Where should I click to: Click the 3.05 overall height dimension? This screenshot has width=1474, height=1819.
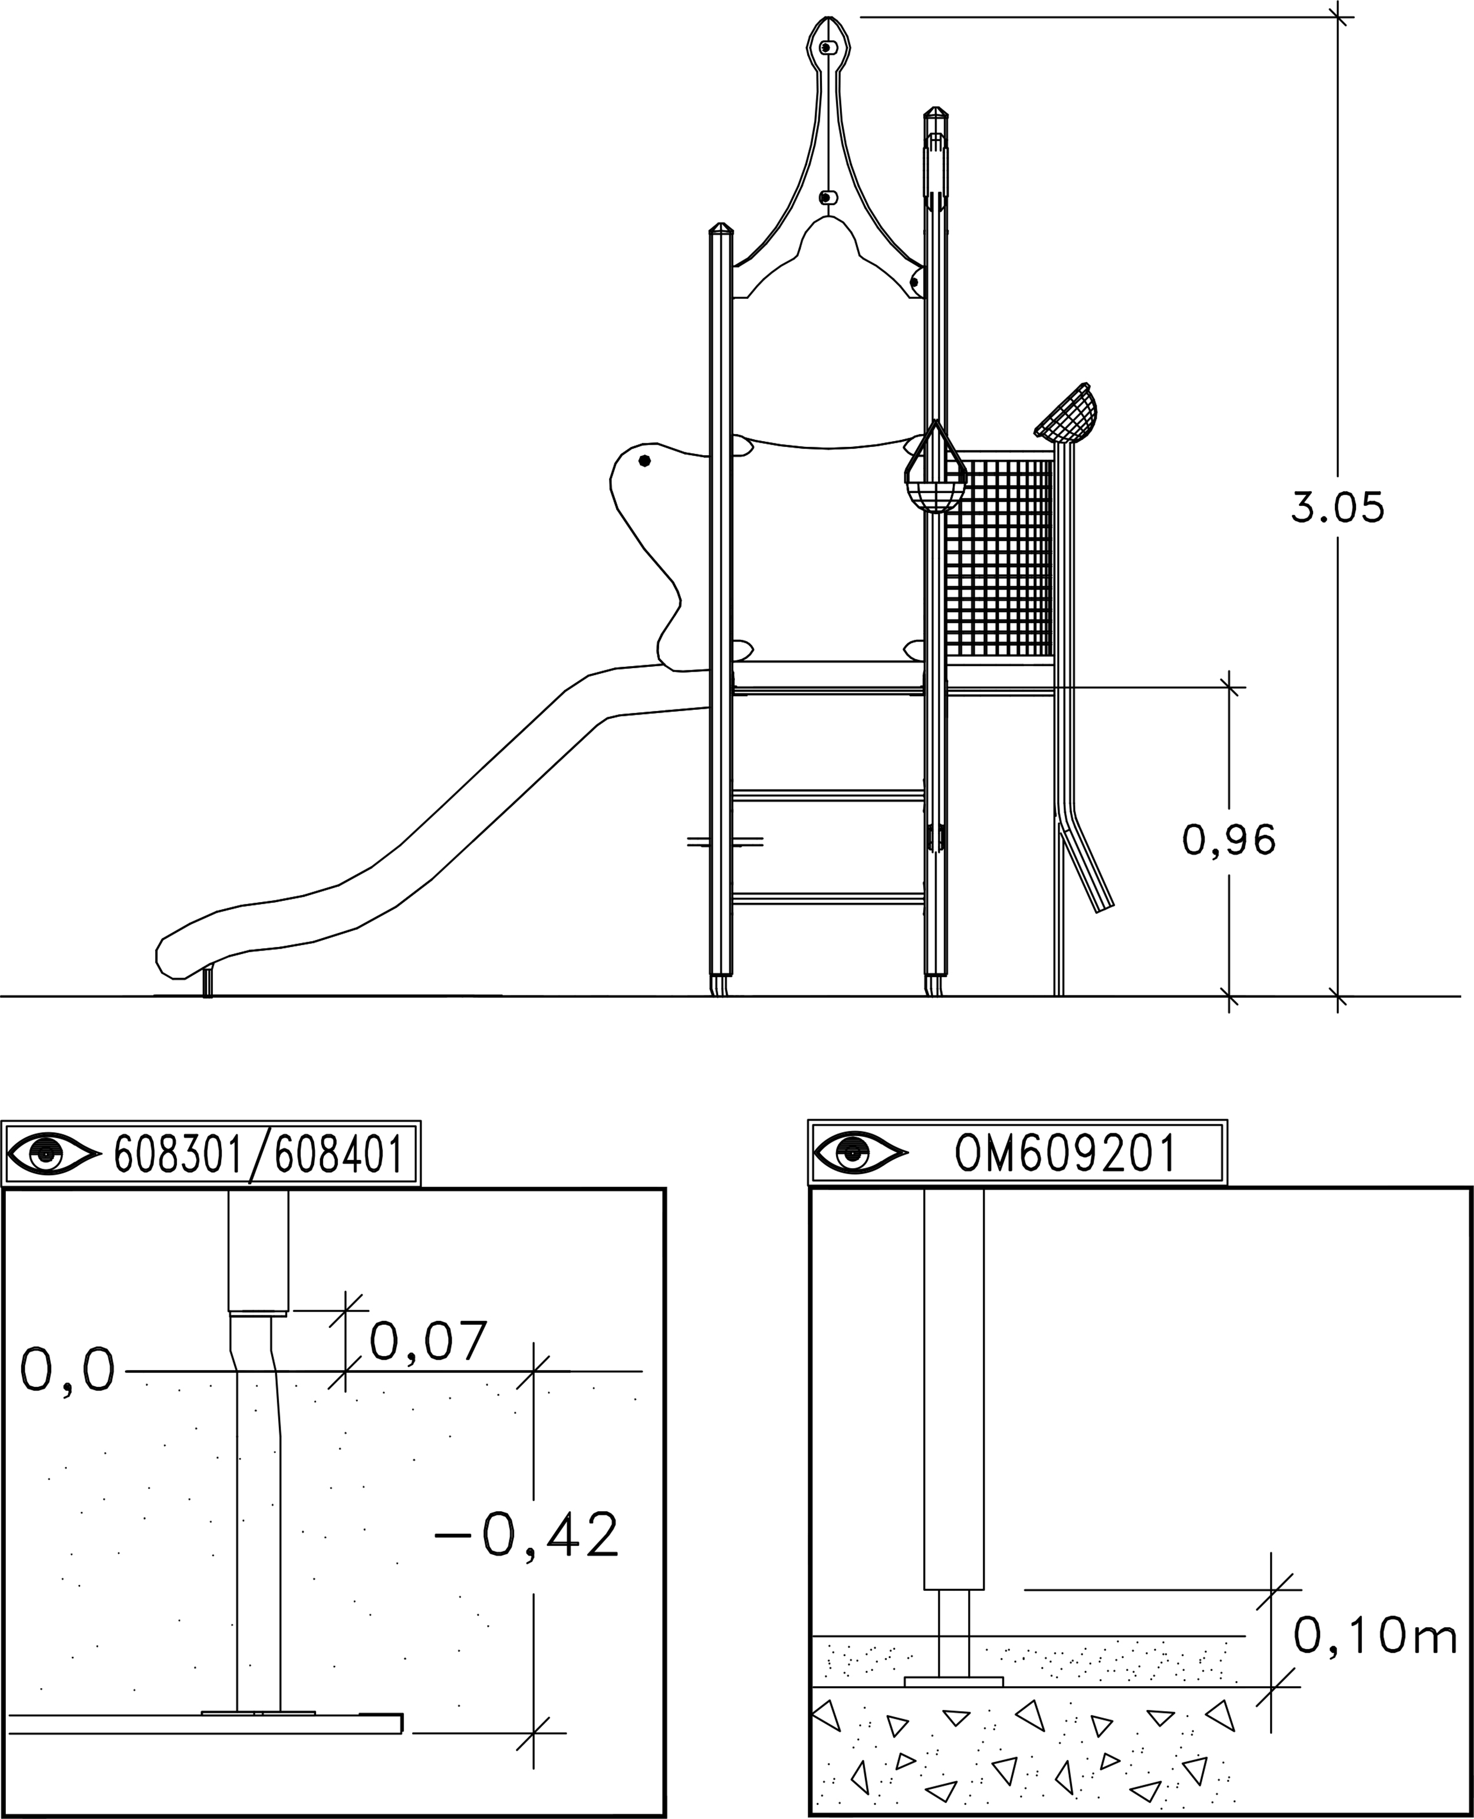1337,507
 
